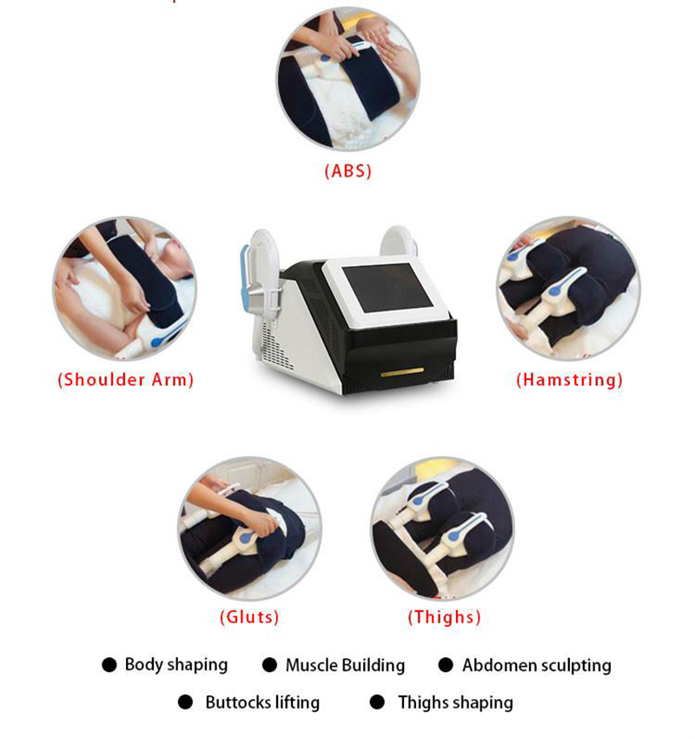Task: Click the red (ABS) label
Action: click(x=348, y=171)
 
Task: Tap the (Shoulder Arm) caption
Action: click(x=126, y=380)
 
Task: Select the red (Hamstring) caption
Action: click(x=569, y=380)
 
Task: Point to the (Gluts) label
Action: click(x=249, y=617)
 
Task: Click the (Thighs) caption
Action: click(x=445, y=617)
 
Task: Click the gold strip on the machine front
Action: click(x=402, y=372)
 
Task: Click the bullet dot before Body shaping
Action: click(x=109, y=665)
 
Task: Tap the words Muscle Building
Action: click(x=345, y=665)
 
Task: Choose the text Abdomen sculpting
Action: click(x=537, y=665)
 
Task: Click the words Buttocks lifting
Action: click(x=262, y=702)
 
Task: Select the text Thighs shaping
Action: click(x=455, y=702)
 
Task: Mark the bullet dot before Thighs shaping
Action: click(x=377, y=702)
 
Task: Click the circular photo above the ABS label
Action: click(x=348, y=79)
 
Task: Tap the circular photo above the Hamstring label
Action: click(x=569, y=289)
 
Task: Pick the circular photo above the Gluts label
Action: click(x=249, y=529)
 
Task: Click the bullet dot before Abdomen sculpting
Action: click(x=446, y=665)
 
